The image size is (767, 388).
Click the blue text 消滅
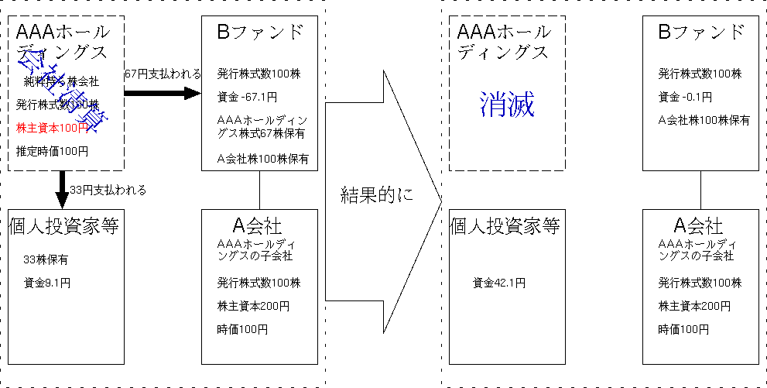507,104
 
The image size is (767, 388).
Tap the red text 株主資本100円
53,127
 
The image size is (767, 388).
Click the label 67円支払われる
163,74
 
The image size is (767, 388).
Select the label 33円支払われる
108,190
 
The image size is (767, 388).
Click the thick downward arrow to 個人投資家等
62,189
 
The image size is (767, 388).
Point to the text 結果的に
377,195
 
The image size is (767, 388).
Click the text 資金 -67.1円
247,97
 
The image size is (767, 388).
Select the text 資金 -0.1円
685,97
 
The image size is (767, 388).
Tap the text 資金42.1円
499,283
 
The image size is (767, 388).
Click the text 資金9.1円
47,283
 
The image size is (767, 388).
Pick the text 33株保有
45,259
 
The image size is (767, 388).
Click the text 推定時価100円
52,150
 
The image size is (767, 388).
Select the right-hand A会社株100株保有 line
704,120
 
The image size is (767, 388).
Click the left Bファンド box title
260,33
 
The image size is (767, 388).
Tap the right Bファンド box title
701,33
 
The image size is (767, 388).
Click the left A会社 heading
258,226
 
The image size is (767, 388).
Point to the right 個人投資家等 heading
505,226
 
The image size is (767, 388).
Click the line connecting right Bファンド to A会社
700,190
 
